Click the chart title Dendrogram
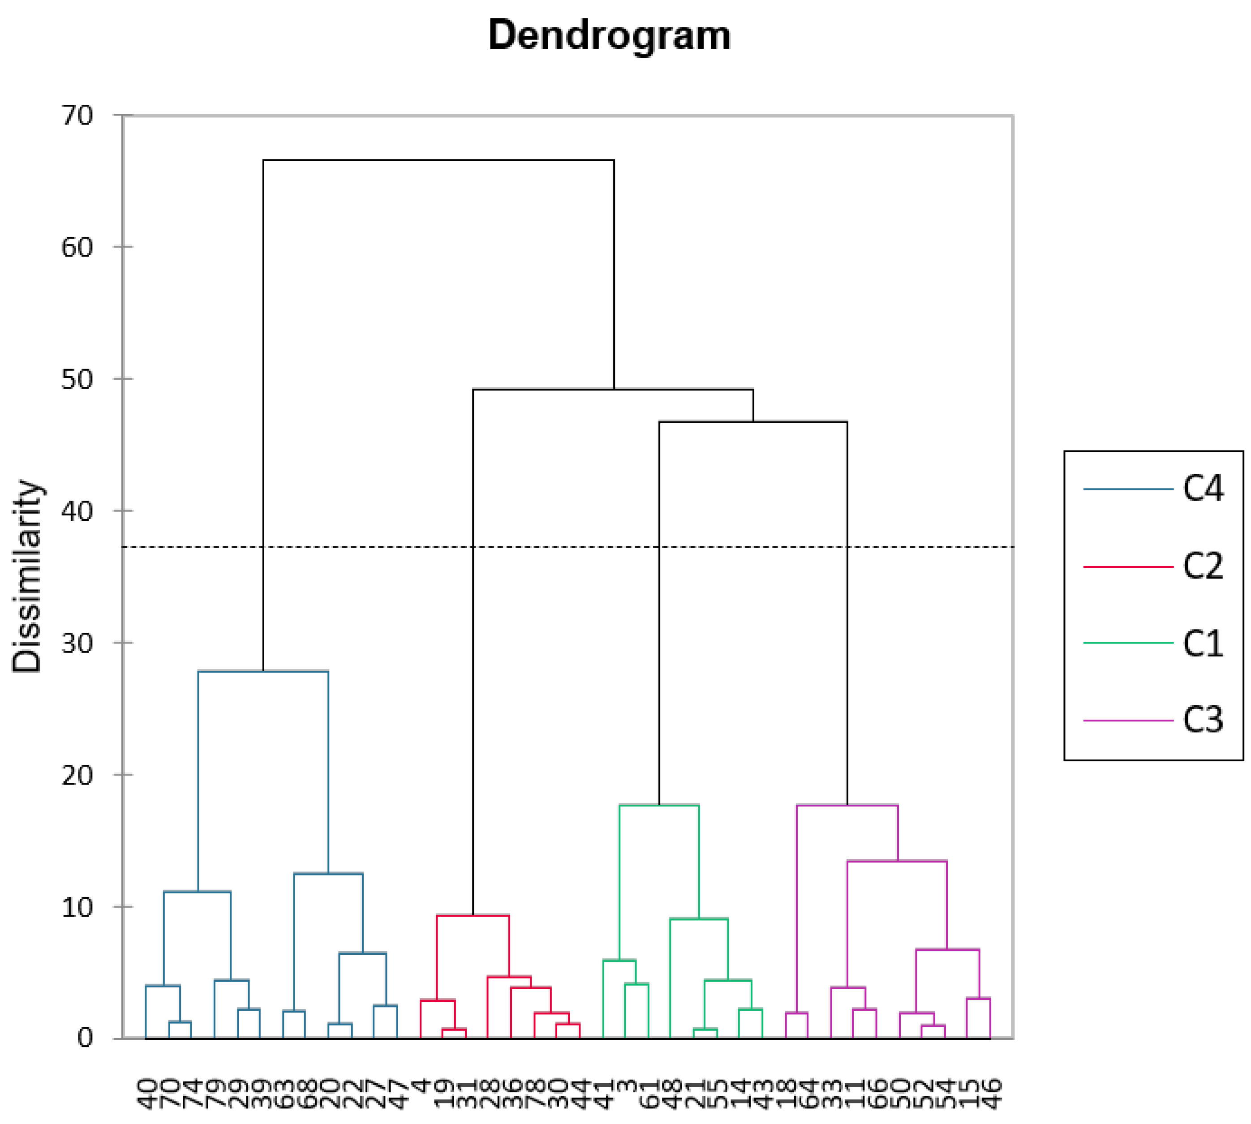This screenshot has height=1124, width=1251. pyautogui.click(x=609, y=35)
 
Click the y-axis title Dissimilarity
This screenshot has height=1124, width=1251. pyautogui.click(x=28, y=575)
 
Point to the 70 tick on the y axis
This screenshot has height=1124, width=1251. pyautogui.click(x=77, y=116)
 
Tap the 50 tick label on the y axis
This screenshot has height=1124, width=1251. pyautogui.click(x=77, y=379)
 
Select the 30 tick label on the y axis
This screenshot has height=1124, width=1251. pyautogui.click(x=77, y=644)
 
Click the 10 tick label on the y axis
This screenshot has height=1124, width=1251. pyautogui.click(x=77, y=907)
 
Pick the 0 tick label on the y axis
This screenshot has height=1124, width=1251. pyautogui.click(x=85, y=1038)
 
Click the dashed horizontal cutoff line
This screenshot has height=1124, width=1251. pyautogui.click(x=371, y=547)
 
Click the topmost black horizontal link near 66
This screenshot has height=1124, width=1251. pyautogui.click(x=438, y=160)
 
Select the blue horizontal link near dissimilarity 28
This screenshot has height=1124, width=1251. pyautogui.click(x=263, y=671)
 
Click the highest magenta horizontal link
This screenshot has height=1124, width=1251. pyautogui.click(x=847, y=805)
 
